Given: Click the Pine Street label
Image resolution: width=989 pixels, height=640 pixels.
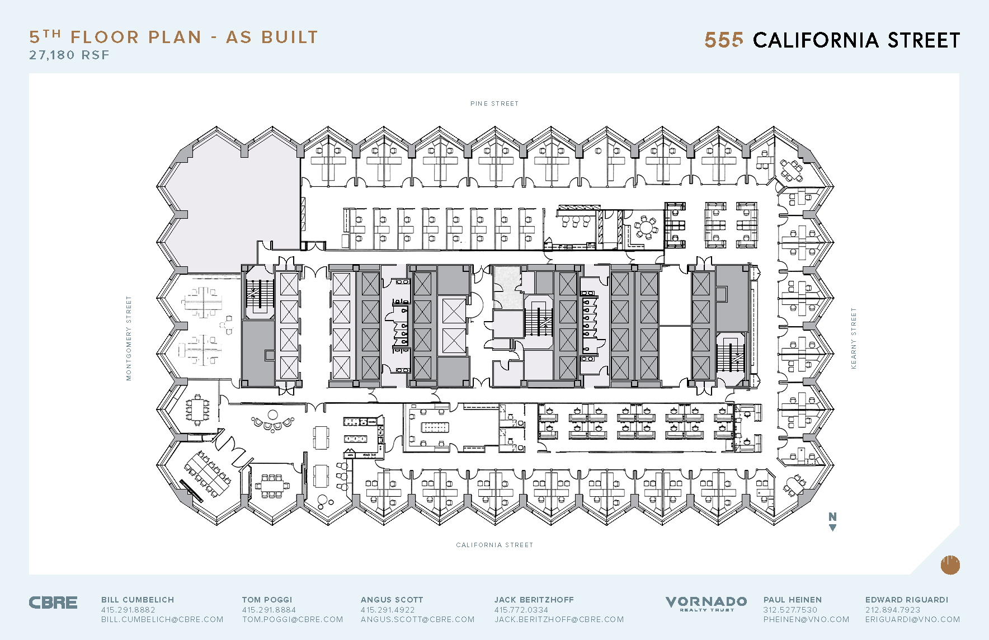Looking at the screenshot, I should pyautogui.click(x=494, y=103).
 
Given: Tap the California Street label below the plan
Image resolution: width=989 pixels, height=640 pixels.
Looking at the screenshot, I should pyautogui.click(x=494, y=545).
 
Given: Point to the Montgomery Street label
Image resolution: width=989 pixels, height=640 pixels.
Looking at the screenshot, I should pyautogui.click(x=129, y=338).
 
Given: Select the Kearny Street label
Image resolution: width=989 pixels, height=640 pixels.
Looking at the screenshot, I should pyautogui.click(x=854, y=338).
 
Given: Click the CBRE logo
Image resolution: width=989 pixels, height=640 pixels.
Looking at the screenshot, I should pyautogui.click(x=53, y=603).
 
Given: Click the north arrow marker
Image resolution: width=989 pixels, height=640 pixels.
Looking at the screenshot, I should pyautogui.click(x=832, y=521).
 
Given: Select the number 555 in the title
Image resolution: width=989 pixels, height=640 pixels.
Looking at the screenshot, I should pyautogui.click(x=724, y=40).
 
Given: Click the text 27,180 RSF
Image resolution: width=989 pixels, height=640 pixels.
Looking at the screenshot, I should pyautogui.click(x=69, y=55).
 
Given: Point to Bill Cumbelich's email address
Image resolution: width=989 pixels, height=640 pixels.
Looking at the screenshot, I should pyautogui.click(x=162, y=619).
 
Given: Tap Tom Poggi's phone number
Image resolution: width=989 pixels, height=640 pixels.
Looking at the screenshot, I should pyautogui.click(x=269, y=610).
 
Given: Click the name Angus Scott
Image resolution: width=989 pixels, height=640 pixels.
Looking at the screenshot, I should pyautogui.click(x=392, y=600).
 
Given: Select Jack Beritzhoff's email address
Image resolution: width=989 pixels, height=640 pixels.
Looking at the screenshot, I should pyautogui.click(x=559, y=619).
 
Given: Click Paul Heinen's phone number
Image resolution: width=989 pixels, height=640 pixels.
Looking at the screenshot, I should pyautogui.click(x=790, y=610).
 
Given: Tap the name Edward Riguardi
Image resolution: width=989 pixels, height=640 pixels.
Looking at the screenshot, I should pyautogui.click(x=906, y=600).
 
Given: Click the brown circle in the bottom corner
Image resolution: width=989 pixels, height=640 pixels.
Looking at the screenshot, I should pyautogui.click(x=950, y=565).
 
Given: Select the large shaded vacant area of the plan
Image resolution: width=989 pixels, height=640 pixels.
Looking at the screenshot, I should pyautogui.click(x=235, y=201).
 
